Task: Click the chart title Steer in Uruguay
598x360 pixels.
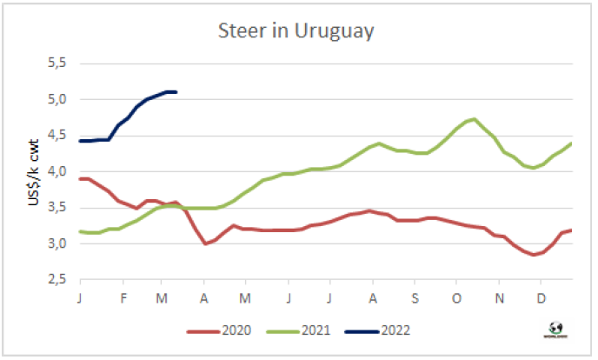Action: point(296,32)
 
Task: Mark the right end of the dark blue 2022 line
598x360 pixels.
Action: point(176,92)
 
